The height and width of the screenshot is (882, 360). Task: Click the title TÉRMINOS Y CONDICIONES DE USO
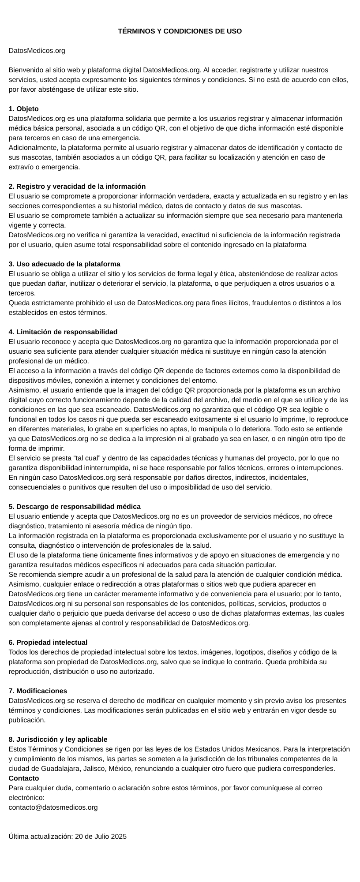pyautogui.click(x=180, y=31)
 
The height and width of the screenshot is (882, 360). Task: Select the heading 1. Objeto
pyautogui.click(x=24, y=108)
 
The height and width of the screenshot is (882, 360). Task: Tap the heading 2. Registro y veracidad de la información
pyautogui.click(x=77, y=186)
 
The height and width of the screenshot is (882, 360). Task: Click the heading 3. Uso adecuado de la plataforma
pyautogui.click(x=64, y=264)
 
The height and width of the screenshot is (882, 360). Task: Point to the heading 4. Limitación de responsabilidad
pyautogui.click(x=63, y=332)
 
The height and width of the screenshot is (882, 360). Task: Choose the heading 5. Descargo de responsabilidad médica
pyautogui.click(x=75, y=506)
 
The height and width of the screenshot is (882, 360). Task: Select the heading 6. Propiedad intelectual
pyautogui.click(x=48, y=642)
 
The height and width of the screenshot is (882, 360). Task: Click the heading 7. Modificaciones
pyautogui.click(x=38, y=691)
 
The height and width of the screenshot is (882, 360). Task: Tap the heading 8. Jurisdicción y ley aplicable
pyautogui.click(x=58, y=739)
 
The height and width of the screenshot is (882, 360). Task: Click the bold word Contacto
pyautogui.click(x=24, y=778)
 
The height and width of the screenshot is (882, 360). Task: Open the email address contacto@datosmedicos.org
pyautogui.click(x=53, y=807)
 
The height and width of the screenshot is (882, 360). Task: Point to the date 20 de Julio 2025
pyautogui.click(x=101, y=836)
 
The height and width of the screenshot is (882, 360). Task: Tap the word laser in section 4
pyautogui.click(x=247, y=438)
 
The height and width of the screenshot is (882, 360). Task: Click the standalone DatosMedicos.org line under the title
pyautogui.click(x=37, y=51)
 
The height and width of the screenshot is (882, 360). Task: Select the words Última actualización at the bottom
pyautogui.click(x=41, y=836)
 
